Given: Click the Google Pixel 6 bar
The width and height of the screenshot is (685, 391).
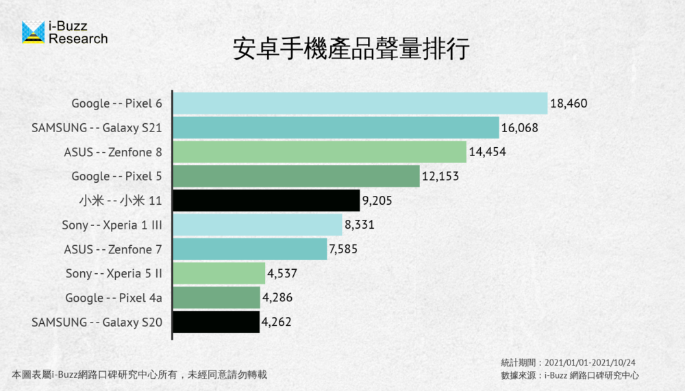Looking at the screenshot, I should click(x=360, y=103).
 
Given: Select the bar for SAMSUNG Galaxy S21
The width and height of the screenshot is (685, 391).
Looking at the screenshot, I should click(x=336, y=128).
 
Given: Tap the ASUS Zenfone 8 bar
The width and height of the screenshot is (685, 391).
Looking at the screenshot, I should click(x=319, y=152).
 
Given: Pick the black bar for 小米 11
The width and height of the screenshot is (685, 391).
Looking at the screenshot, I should click(x=266, y=201).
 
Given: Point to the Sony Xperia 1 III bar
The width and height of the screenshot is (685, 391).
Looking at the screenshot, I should click(x=257, y=225).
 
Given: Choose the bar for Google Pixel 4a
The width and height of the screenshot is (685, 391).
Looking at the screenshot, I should click(x=216, y=298).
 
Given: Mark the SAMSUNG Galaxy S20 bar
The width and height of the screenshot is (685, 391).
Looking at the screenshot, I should click(x=216, y=322).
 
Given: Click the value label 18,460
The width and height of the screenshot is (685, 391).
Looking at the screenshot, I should click(x=569, y=103).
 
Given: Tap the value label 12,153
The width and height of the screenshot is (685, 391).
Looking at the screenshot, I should click(x=440, y=177).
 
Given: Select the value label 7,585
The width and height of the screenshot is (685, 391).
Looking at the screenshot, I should click(x=343, y=249).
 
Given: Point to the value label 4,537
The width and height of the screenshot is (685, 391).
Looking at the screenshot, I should click(x=281, y=274).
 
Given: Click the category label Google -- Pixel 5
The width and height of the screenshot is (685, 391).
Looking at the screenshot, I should click(x=116, y=177).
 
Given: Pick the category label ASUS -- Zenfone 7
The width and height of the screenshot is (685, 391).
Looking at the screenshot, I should click(x=113, y=249).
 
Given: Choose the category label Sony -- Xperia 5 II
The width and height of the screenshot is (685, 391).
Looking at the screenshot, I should click(x=114, y=274).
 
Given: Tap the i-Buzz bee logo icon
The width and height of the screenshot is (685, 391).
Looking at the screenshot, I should click(x=33, y=32).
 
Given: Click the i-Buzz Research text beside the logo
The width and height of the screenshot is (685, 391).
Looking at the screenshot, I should click(x=77, y=33).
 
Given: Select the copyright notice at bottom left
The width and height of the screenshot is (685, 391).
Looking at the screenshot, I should click(x=139, y=375).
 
